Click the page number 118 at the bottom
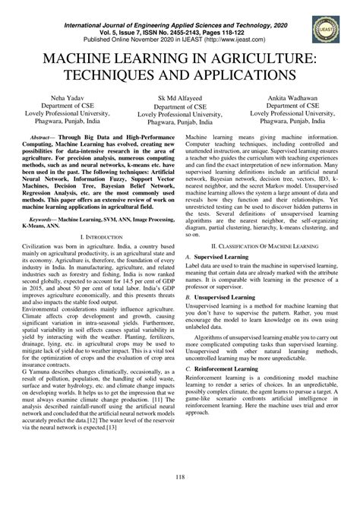[180, 476]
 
